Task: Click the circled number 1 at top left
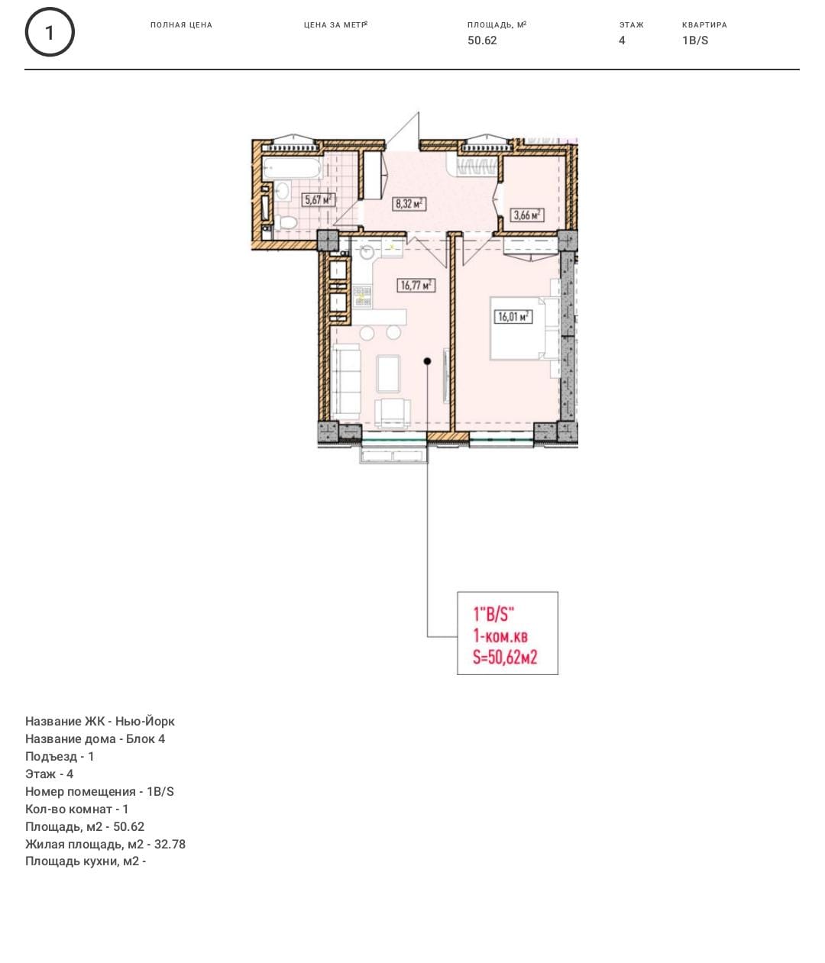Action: click(x=50, y=32)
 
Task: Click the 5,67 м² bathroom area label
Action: click(x=319, y=200)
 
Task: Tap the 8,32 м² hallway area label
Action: click(x=409, y=204)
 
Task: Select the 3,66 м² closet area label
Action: click(x=527, y=215)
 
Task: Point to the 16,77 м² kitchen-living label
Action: click(x=416, y=285)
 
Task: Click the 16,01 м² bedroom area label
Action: click(x=513, y=317)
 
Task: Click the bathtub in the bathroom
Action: click(x=292, y=168)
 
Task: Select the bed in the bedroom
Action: click(x=524, y=328)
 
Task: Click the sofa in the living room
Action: click(x=345, y=381)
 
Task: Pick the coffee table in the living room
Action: click(x=388, y=373)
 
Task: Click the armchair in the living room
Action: click(x=393, y=413)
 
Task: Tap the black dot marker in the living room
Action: click(x=428, y=361)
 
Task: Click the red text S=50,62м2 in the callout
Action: click(x=505, y=658)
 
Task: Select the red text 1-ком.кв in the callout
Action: click(x=500, y=636)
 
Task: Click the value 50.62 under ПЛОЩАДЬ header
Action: click(x=482, y=40)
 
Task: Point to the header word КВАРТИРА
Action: click(x=704, y=25)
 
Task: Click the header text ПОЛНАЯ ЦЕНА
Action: click(x=181, y=25)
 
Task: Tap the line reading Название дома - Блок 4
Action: click(x=95, y=739)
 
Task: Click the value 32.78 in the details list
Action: click(x=170, y=844)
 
